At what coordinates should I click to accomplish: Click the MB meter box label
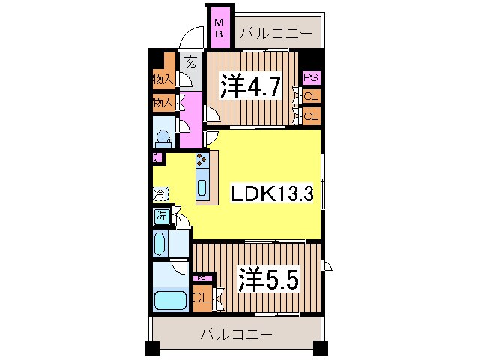point(220,27)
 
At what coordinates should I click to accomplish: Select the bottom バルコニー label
point(236,334)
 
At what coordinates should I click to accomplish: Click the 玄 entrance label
point(192,62)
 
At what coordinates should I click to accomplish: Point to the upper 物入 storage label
point(163,78)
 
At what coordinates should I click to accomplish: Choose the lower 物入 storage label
point(163,101)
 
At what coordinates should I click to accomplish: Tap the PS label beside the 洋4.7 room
point(310,77)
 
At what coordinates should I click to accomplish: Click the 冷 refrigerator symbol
point(160,193)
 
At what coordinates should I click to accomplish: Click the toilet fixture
point(162,137)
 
